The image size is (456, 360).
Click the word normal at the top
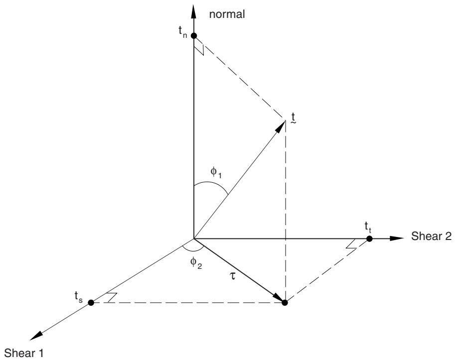click(x=227, y=14)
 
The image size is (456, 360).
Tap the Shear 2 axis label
click(x=431, y=236)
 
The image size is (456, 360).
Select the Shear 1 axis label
click(x=24, y=353)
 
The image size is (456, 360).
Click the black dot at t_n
click(x=194, y=36)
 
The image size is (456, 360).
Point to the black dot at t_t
click(x=369, y=239)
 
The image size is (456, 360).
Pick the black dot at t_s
click(x=91, y=303)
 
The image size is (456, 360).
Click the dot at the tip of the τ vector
click(x=285, y=303)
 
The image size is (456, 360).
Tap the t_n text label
click(x=183, y=31)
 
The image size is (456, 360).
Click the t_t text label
click(x=368, y=227)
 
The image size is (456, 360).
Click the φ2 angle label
click(x=196, y=263)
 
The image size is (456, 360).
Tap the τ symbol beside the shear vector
click(x=232, y=276)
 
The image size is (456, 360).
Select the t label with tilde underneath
click(x=294, y=119)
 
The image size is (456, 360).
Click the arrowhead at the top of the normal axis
click(x=194, y=11)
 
